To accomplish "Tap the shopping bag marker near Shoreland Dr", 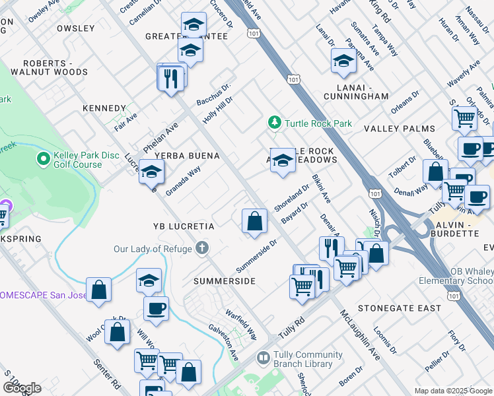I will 254,222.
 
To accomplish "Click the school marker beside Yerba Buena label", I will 151,174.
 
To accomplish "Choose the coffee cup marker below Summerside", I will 156,308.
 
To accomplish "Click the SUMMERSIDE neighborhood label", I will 224,281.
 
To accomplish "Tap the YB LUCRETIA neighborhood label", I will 184,226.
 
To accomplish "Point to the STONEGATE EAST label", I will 399,308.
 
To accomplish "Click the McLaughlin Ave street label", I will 360,335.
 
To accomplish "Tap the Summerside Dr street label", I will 256,257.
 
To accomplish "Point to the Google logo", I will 22,388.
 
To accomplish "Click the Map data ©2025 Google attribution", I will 452,391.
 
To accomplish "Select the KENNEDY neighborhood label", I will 104,108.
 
